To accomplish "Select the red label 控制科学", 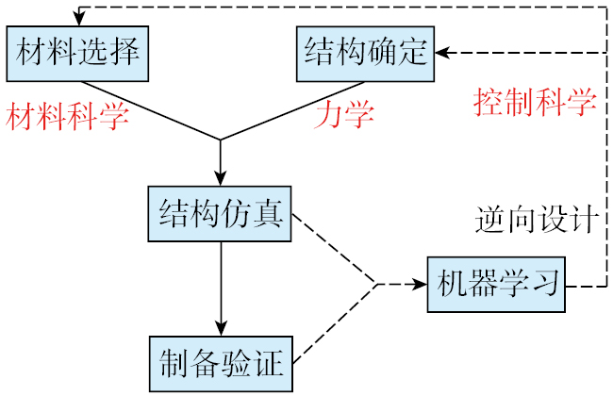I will point(535,100).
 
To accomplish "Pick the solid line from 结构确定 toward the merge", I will point(283,114).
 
